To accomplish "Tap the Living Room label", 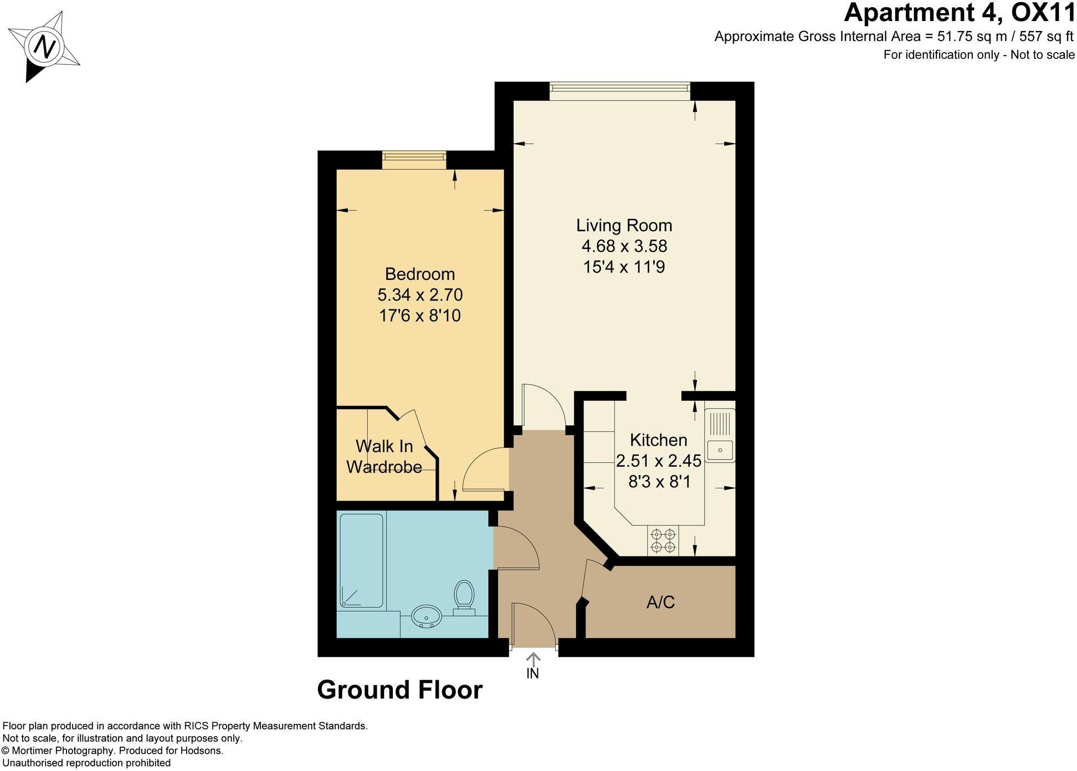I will click(x=624, y=226).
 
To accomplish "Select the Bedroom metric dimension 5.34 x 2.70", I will click(x=419, y=294).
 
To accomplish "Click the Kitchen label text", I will click(x=658, y=440).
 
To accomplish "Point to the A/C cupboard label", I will click(x=660, y=602).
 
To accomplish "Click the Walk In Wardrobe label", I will click(x=384, y=456).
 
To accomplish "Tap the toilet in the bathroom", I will click(x=464, y=596).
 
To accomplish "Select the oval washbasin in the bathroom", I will click(x=426, y=615).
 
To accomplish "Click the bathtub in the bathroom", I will click(x=361, y=560).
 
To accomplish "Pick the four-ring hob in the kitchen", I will click(x=663, y=541).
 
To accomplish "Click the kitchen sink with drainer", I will click(x=720, y=436).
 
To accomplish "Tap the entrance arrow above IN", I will click(x=532, y=658).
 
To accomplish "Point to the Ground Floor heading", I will click(x=399, y=690).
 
